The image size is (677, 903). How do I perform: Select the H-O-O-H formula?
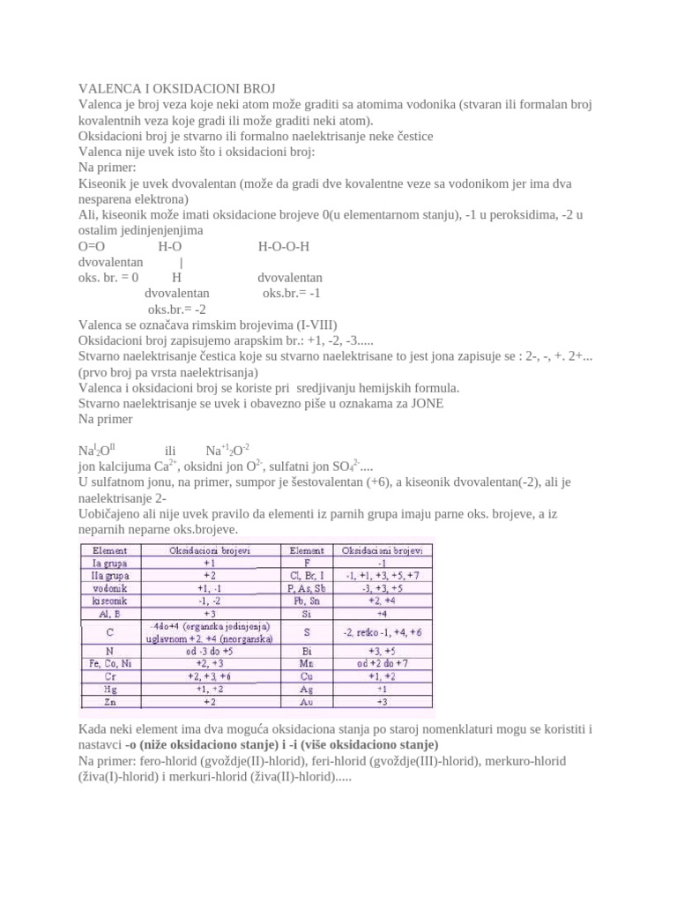(x=284, y=246)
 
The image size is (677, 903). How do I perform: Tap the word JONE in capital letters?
(x=425, y=404)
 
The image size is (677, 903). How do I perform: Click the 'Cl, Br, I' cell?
(x=306, y=573)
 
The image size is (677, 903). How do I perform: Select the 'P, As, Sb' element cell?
(x=306, y=586)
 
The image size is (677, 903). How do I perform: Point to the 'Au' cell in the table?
(x=306, y=702)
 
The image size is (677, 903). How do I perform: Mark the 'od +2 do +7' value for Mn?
(x=383, y=663)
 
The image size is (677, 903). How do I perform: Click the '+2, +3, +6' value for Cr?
(x=210, y=676)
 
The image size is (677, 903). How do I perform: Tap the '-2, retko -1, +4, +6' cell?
(x=383, y=631)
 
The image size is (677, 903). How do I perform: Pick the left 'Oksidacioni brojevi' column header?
(x=210, y=549)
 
